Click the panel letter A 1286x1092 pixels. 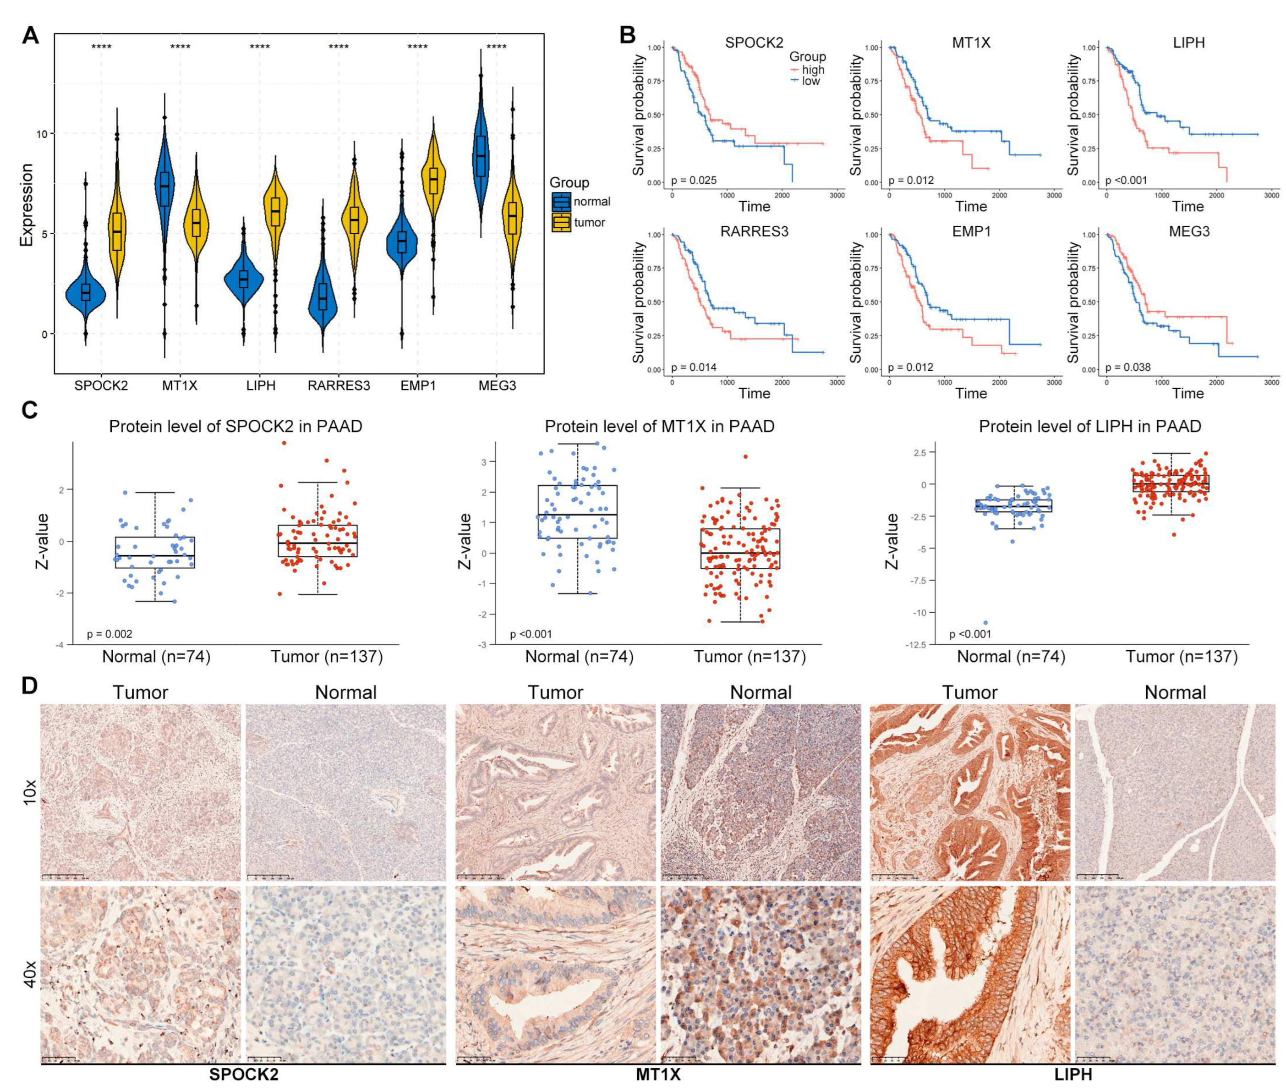click(30, 36)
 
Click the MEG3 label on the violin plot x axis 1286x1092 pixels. click(497, 386)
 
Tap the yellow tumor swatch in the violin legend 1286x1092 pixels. click(561, 222)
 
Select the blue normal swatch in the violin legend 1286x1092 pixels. click(561, 201)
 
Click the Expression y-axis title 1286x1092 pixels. click(26, 205)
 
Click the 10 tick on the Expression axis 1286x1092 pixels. click(40, 134)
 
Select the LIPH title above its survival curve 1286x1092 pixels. click(1188, 44)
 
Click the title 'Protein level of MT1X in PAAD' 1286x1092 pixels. click(659, 427)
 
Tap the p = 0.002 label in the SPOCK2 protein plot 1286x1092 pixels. click(109, 634)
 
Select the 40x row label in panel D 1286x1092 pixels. click(29, 974)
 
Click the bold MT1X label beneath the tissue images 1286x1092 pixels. click(658, 1075)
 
